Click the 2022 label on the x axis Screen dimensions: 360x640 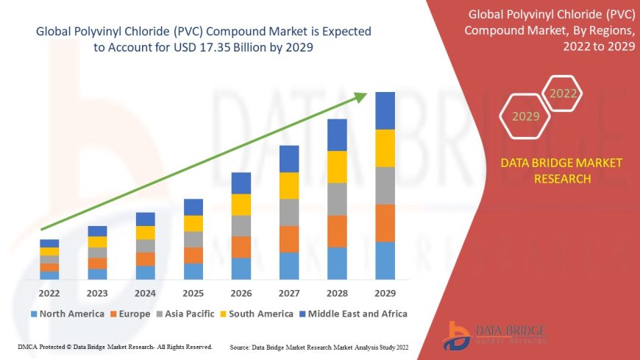pos(49,292)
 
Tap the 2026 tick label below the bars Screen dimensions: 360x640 pos(241,292)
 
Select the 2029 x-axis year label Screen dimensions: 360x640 pos(385,292)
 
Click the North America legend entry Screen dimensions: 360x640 pos(67,314)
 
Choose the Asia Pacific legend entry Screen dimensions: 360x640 pos(191,314)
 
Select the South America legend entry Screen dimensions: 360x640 pos(257,314)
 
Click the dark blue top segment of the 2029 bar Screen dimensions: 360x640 pos(385,110)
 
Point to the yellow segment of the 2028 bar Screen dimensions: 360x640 pos(337,166)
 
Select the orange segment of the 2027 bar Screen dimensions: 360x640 pos(289,239)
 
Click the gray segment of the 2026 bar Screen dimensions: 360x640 pos(241,225)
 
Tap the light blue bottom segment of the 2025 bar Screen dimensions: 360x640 pos(193,271)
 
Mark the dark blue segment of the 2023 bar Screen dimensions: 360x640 pos(97,231)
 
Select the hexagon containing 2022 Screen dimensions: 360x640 pos(563,93)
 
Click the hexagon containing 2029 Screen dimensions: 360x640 pos(525,116)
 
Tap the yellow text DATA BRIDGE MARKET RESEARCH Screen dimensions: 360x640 pos(561,171)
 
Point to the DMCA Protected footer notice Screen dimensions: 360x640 pos(114,346)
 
